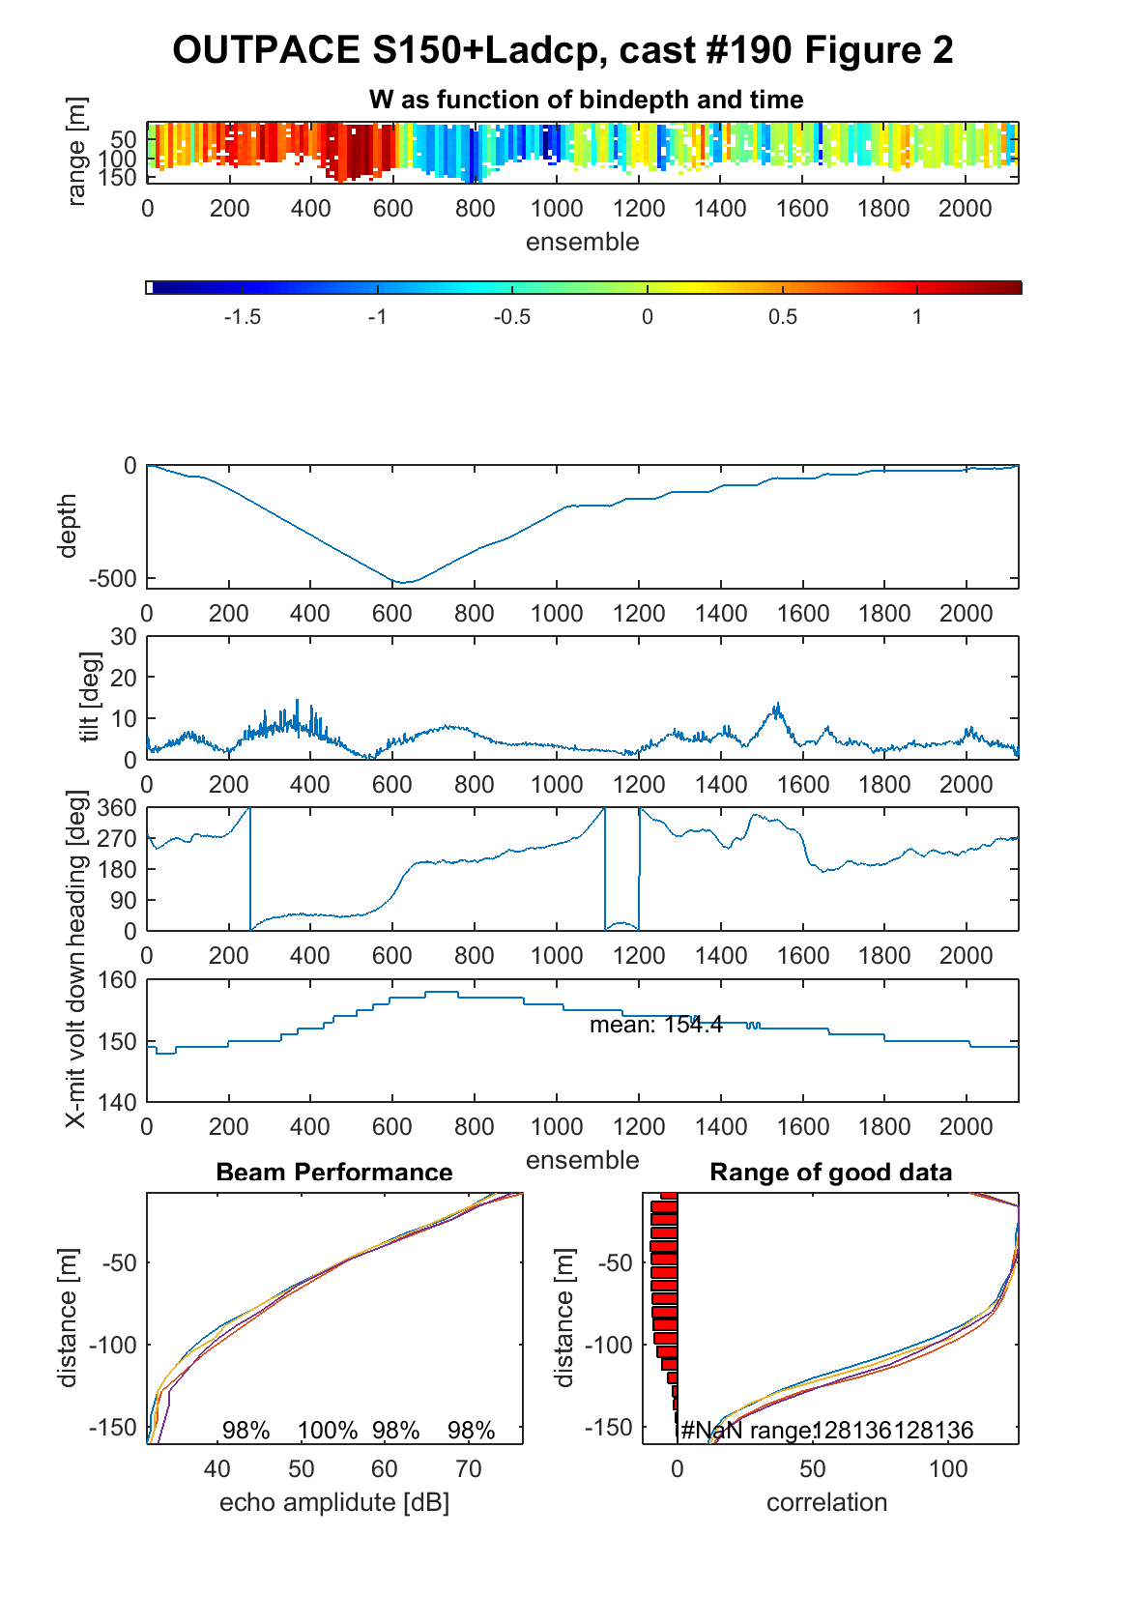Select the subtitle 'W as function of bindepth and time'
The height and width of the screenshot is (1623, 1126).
(586, 100)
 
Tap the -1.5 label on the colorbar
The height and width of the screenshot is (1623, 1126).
(242, 317)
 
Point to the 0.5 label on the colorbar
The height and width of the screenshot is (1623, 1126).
(783, 317)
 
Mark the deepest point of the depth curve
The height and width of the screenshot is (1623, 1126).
(404, 582)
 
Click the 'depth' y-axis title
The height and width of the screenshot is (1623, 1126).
(67, 526)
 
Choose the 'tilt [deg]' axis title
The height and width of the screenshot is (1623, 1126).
(90, 697)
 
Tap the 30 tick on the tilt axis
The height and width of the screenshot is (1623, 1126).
(123, 637)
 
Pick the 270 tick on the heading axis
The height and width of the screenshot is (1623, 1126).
(118, 838)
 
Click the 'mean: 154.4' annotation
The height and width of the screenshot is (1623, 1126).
(655, 1025)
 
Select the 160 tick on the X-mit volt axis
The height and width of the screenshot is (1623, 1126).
(118, 979)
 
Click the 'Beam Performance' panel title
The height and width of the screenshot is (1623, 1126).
(334, 1172)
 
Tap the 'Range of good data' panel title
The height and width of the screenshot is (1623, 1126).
(830, 1172)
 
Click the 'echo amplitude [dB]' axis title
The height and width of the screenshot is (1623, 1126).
(334, 1502)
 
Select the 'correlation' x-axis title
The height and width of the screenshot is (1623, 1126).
(826, 1502)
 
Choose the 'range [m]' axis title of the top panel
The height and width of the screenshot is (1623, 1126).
(76, 152)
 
